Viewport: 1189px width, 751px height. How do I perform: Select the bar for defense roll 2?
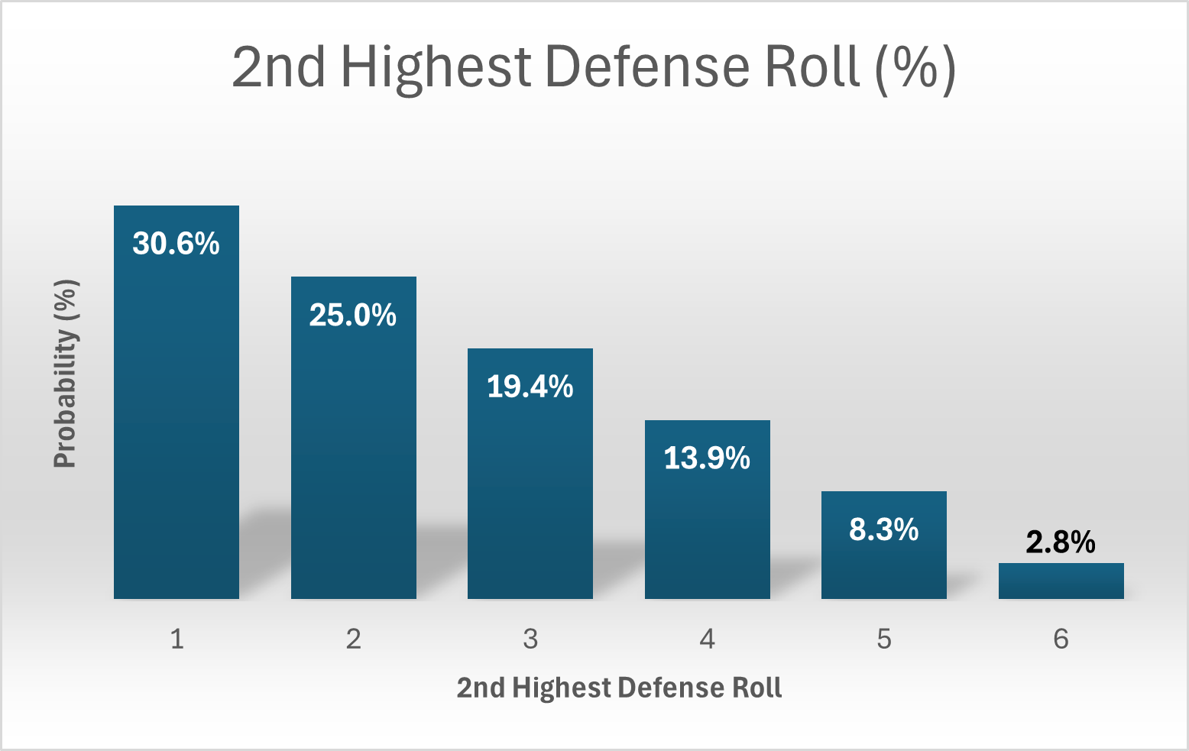pos(353,458)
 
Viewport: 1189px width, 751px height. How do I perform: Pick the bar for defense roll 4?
pos(707,527)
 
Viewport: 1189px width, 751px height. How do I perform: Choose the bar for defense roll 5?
pos(883,565)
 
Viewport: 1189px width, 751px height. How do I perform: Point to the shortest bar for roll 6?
pos(1061,581)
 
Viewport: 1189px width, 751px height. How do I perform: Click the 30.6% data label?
pos(176,244)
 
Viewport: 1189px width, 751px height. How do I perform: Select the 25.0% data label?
pos(353,315)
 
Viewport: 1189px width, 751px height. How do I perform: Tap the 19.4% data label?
pos(530,387)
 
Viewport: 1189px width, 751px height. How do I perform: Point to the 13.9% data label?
pos(707,458)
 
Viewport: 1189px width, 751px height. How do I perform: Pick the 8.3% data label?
pos(883,529)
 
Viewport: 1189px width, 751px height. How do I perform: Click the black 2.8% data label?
pos(1061,542)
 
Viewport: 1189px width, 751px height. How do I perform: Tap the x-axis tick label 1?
pos(177,639)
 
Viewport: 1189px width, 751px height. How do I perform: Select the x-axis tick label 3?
pos(530,639)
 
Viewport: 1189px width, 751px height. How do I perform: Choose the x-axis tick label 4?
pos(707,639)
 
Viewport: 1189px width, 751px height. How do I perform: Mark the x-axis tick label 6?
pos(1061,639)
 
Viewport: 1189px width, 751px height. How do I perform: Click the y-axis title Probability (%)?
pos(66,374)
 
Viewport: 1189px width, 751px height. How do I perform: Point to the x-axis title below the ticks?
pos(619,688)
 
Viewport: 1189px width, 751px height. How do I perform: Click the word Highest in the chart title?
pos(436,67)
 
